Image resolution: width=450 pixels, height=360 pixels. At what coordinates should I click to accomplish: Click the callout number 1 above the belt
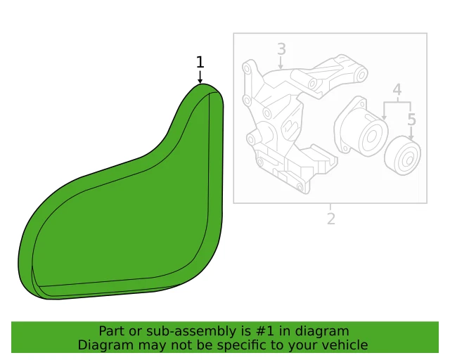pos(200,62)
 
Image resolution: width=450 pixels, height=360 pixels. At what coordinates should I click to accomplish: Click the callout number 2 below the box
pos(331,218)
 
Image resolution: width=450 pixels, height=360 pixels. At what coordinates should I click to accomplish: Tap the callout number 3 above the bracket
pos(281,49)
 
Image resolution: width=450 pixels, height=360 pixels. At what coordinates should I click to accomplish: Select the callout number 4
pos(397,90)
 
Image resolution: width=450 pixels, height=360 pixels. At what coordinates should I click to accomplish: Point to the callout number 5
pos(412,120)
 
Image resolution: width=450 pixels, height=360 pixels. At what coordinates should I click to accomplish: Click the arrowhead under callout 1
pos(200,81)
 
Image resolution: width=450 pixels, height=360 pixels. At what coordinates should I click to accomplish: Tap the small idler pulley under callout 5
pos(403,155)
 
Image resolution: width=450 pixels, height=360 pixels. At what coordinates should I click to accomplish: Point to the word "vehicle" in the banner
pos(345,345)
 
